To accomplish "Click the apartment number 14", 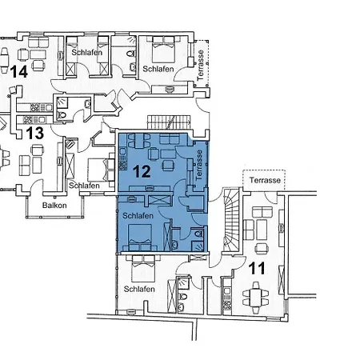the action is (x=19, y=72).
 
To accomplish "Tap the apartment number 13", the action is (x=34, y=133).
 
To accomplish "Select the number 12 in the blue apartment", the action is (x=142, y=171).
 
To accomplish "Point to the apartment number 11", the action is (x=257, y=268).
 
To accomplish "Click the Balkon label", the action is (x=54, y=206).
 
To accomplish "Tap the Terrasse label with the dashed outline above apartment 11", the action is (x=265, y=180).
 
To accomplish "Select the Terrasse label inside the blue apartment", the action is (x=199, y=165).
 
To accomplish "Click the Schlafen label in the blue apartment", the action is (x=138, y=215).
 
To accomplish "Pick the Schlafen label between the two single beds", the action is (x=87, y=52).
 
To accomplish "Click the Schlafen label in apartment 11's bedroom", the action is (x=139, y=289).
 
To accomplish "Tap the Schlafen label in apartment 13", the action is (x=84, y=186).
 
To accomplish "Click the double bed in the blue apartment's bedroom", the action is (x=140, y=238).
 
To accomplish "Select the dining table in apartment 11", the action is (x=255, y=298).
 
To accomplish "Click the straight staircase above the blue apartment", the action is (x=169, y=122).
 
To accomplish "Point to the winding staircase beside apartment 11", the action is (x=231, y=219).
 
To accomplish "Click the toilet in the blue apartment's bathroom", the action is (x=198, y=234).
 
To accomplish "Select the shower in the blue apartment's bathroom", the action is (x=198, y=246).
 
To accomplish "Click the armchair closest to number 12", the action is (x=167, y=166).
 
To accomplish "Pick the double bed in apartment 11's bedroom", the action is (x=144, y=267).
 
